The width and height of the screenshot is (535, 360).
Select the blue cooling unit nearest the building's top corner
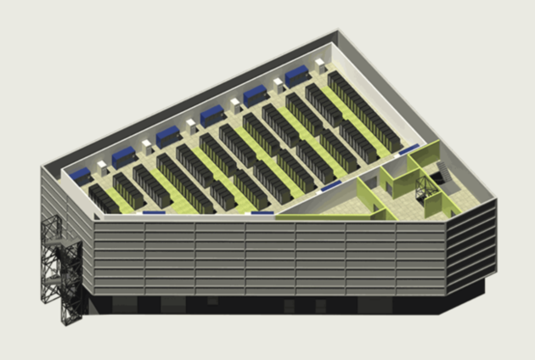pyautogui.click(x=297, y=76)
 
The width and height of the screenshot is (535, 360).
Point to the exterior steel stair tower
pyautogui.click(x=59, y=263)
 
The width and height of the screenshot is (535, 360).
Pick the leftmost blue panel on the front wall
pyautogui.click(x=154, y=213)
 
